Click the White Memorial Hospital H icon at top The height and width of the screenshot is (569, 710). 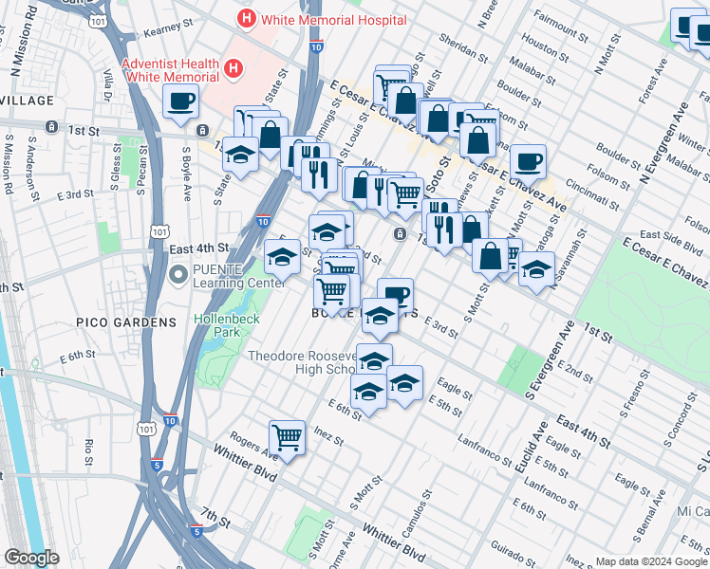coord(248,18)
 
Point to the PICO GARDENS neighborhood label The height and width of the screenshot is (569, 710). coord(128,322)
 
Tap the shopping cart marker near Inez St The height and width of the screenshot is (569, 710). coord(287,437)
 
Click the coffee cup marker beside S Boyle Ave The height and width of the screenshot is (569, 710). coord(180,101)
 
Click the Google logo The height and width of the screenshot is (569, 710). coord(31,558)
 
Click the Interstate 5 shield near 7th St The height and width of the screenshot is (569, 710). coord(196,531)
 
